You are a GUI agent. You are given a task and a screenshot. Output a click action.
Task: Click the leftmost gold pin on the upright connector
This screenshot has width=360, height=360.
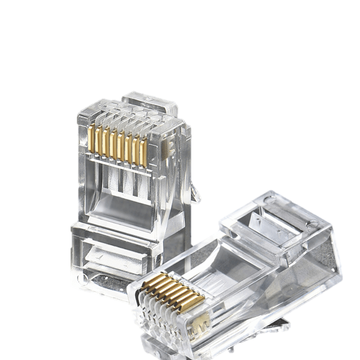92,138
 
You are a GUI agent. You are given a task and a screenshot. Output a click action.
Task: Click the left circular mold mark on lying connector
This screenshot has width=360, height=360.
270,200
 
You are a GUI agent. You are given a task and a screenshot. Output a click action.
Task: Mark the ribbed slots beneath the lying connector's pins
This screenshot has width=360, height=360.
157,315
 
